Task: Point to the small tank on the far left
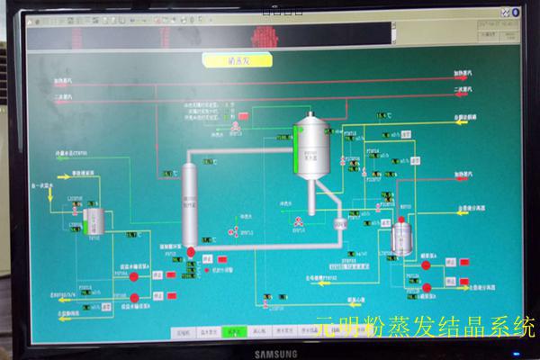click(x=95, y=220)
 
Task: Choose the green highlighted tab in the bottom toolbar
click(x=235, y=331)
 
